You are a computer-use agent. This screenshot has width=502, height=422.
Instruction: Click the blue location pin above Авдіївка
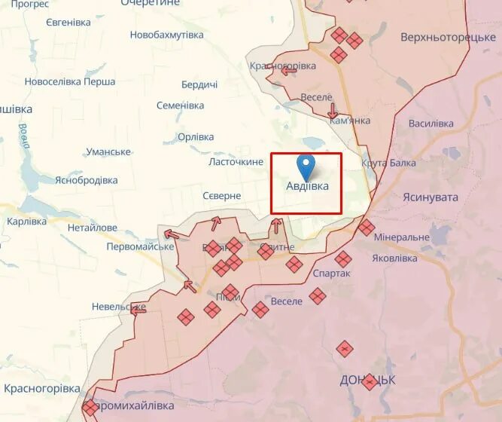coord(306,164)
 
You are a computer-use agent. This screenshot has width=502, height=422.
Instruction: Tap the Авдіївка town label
coord(307,185)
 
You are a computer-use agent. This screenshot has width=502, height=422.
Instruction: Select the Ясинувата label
coord(431,196)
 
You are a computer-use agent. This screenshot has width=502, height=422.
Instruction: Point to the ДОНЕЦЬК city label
coord(368,379)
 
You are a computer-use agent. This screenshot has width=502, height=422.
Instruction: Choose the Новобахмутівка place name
coord(166,35)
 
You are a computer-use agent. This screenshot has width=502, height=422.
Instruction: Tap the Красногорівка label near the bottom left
coord(42,388)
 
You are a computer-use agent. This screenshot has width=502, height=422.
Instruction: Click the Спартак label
coord(330,273)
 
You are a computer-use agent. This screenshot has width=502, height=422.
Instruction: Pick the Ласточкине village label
coord(236,162)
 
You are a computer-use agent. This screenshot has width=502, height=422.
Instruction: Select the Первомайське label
coord(140,246)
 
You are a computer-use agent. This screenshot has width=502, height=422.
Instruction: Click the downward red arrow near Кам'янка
coord(333,110)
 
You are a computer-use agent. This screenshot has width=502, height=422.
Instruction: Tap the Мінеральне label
coord(402,237)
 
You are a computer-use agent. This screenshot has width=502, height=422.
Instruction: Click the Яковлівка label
coord(394,258)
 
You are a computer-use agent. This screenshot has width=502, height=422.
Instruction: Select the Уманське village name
coord(108,151)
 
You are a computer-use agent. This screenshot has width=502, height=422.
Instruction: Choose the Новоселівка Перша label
coord(70,81)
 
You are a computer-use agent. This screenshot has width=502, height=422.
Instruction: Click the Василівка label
coord(431,123)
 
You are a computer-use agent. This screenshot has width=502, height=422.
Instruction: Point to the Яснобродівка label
coord(87,180)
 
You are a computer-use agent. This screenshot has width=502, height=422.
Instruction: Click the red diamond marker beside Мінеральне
coord(367,228)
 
